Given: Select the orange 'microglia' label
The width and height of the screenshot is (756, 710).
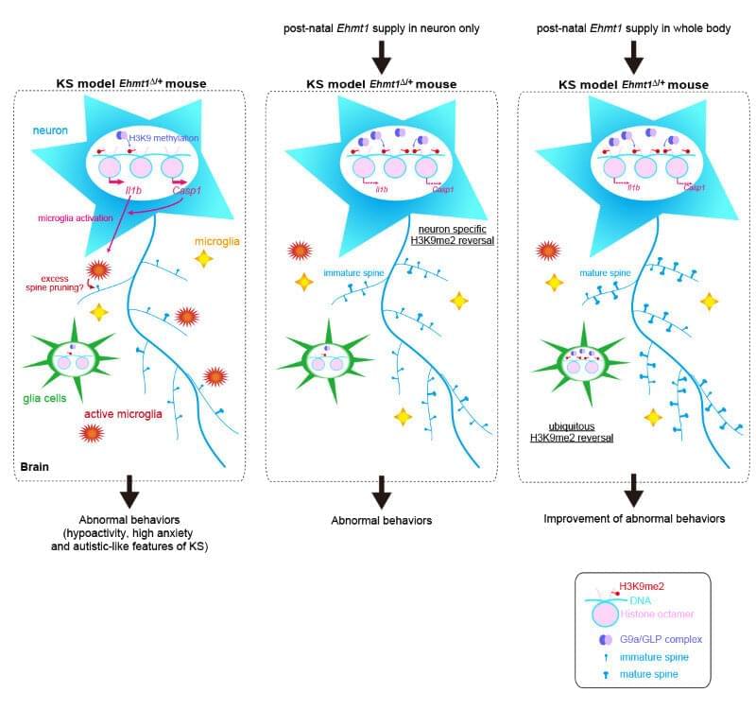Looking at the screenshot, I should [x=218, y=242].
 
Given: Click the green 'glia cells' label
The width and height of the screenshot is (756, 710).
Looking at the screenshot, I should [x=42, y=398].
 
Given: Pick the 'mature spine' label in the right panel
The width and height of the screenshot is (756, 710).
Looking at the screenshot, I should [x=605, y=273].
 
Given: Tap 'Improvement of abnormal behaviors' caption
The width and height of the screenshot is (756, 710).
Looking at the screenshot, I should [x=634, y=518].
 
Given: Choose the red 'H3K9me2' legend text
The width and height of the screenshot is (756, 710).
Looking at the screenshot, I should [x=643, y=586].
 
